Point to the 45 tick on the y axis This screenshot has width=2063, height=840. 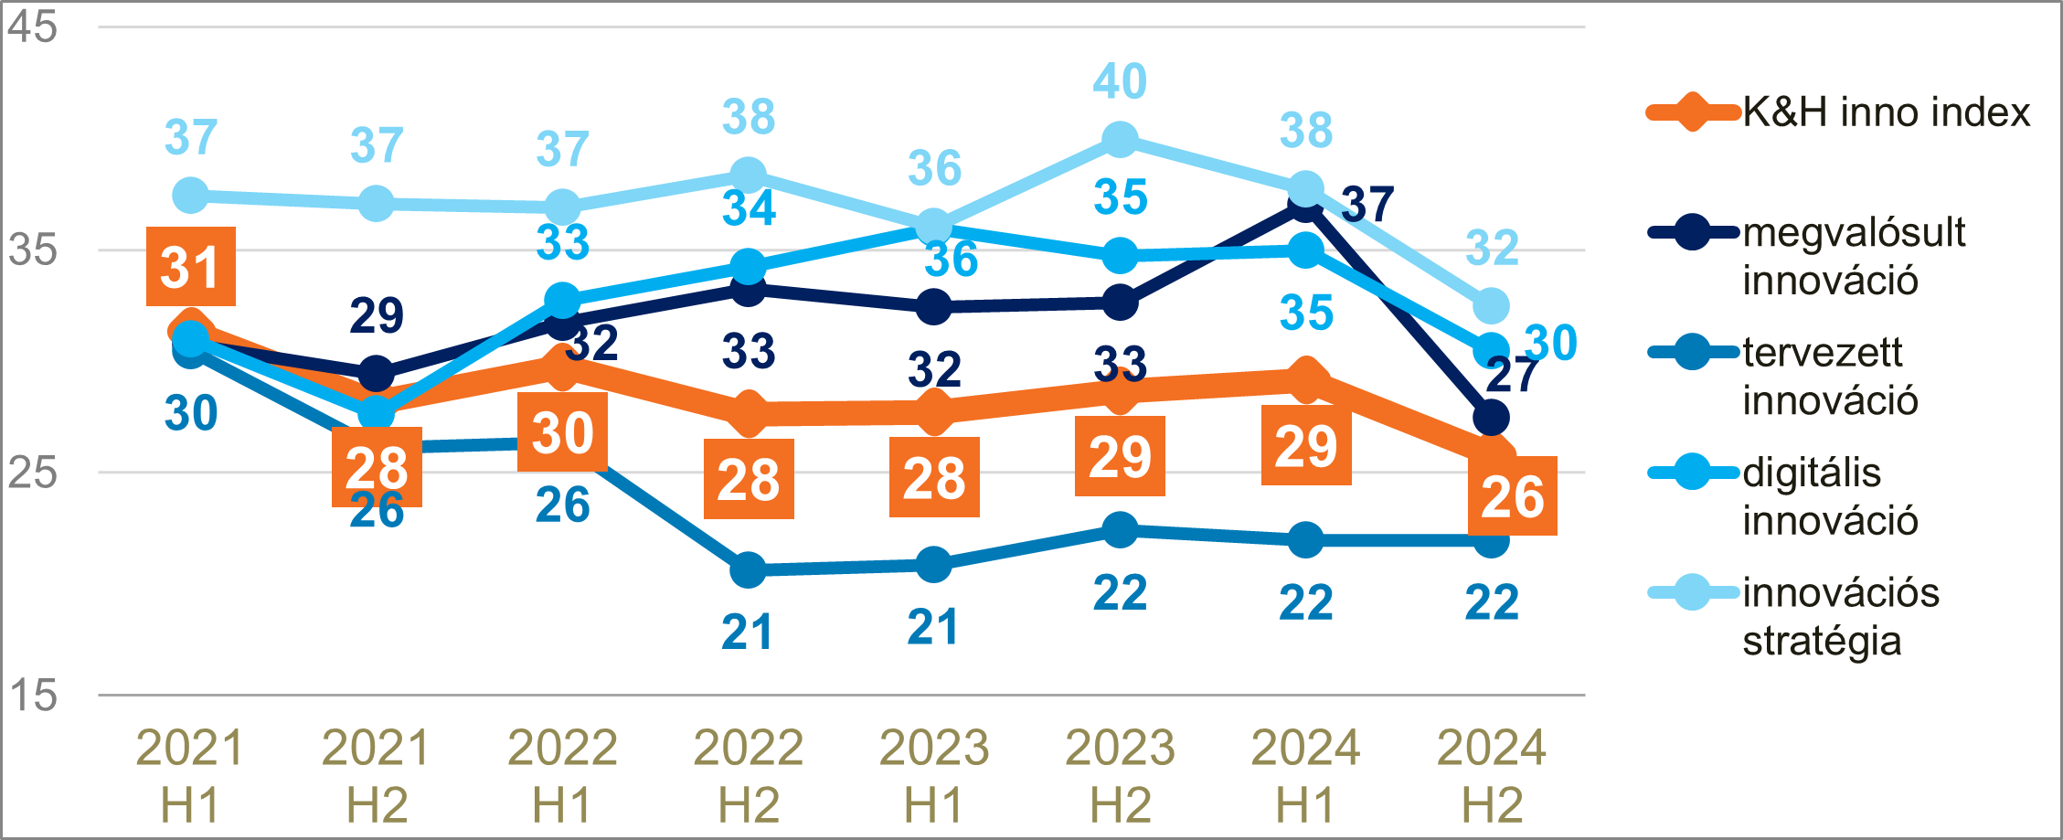tap(32, 27)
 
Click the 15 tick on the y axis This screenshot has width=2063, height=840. tap(32, 696)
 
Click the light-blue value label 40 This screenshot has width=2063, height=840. tap(1120, 81)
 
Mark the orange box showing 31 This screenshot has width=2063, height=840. tap(190, 267)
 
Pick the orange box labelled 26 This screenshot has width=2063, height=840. tap(1512, 496)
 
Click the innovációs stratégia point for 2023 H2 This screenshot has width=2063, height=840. tap(1120, 140)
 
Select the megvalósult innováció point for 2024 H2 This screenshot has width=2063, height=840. tap(1491, 418)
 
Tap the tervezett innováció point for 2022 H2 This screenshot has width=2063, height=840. tap(748, 570)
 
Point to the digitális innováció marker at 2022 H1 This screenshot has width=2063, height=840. tap(562, 300)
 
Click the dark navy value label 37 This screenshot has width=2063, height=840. tap(1367, 204)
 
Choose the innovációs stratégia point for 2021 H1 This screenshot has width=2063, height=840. tap(190, 195)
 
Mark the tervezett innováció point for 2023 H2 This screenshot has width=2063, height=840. tap(1120, 529)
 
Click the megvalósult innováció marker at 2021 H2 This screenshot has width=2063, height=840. tap(376, 374)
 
